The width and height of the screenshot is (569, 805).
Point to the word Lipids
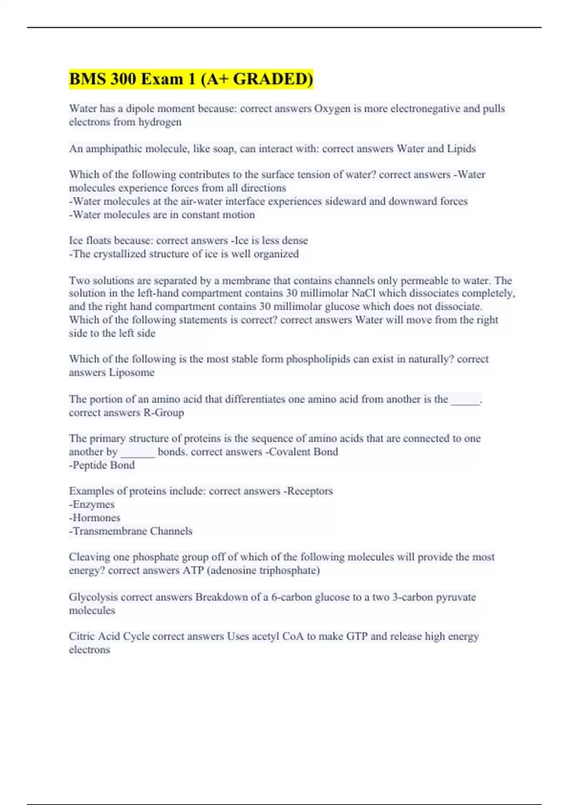coord(461,149)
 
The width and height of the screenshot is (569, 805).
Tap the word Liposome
coord(131,373)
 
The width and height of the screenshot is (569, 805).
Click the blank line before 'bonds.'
coord(138,452)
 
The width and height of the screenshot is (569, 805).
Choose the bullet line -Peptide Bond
coord(102,465)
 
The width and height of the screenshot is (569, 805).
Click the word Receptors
coord(309,491)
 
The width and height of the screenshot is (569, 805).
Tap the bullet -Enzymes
coord(92,505)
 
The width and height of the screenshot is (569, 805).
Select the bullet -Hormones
coord(95,518)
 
